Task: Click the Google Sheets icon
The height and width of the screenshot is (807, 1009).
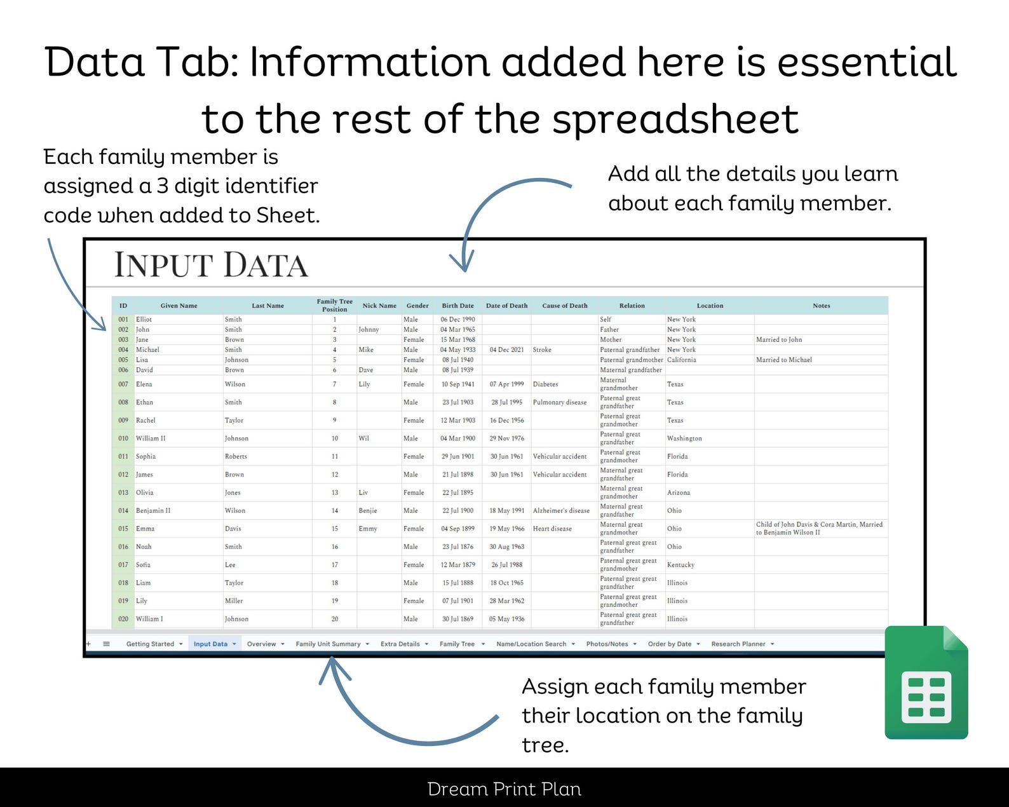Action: [x=926, y=682]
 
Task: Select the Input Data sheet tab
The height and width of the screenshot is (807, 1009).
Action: [x=210, y=644]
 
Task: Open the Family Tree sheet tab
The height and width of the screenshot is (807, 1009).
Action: [x=457, y=644]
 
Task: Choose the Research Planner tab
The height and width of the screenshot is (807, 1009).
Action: [x=738, y=644]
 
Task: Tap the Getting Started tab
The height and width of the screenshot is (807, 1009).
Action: [x=150, y=644]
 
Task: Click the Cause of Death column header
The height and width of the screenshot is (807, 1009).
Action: [x=564, y=306]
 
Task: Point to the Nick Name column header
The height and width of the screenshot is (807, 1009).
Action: [x=379, y=306]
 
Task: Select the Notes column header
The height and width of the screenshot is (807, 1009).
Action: [x=821, y=306]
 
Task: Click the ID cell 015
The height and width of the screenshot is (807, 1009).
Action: [x=123, y=529]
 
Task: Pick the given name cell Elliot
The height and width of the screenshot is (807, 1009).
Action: [x=144, y=320]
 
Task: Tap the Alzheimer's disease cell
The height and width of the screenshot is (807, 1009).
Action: [x=561, y=510]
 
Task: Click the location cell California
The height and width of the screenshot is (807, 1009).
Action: [x=681, y=360]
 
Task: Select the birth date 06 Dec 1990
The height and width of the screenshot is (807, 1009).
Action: [x=457, y=320]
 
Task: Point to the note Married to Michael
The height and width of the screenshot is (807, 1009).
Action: [x=783, y=360]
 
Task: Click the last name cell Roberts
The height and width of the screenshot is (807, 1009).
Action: [x=236, y=456]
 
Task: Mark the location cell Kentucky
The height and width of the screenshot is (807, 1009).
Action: [x=681, y=565]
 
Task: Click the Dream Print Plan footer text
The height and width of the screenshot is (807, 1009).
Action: [x=504, y=789]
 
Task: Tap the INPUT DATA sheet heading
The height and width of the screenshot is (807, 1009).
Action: [x=211, y=265]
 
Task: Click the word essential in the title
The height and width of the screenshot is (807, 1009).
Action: [x=867, y=62]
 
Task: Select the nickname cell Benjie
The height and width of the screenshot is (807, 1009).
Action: [x=368, y=510]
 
